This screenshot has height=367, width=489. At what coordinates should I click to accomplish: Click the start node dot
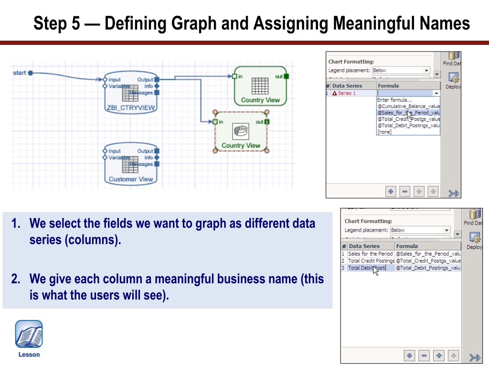(x=30, y=73)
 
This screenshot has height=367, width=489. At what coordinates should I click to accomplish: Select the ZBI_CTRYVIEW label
(x=130, y=108)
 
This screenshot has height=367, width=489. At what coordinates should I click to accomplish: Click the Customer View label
(x=130, y=179)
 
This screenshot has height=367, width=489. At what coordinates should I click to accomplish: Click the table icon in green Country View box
(x=260, y=86)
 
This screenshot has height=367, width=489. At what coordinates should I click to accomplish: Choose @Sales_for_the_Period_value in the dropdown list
(x=408, y=112)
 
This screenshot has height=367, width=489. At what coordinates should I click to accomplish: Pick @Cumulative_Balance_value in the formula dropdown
(x=408, y=106)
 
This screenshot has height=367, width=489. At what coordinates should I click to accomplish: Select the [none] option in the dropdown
(x=384, y=132)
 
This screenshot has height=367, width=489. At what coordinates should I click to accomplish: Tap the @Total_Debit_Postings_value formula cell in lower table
(x=428, y=268)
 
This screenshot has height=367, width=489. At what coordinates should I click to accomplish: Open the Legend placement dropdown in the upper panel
(x=401, y=70)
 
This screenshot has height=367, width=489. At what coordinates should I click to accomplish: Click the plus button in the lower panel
(x=409, y=356)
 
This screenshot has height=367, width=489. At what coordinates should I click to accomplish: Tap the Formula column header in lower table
(x=407, y=246)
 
